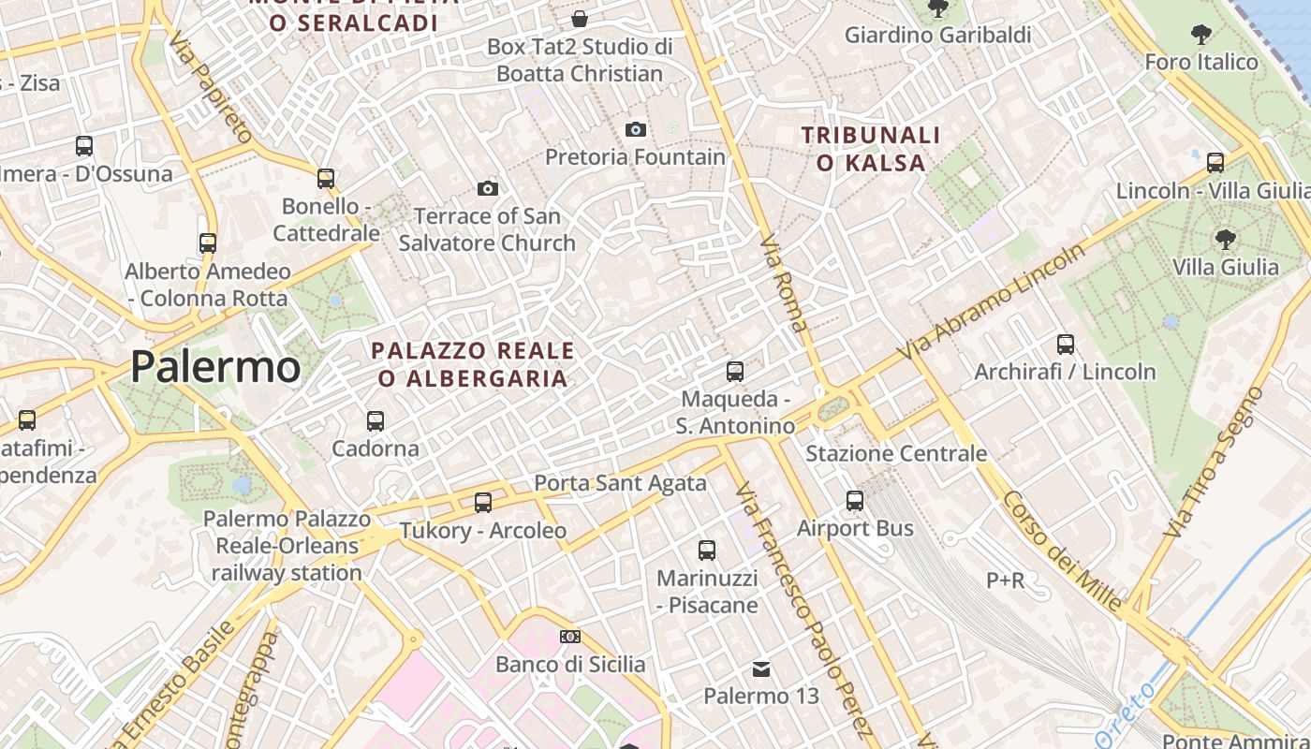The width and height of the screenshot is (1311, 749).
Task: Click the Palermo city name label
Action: pos(215,366)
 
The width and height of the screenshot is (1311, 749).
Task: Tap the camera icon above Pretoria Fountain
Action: pos(636,129)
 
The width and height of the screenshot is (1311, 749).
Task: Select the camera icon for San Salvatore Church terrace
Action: pos(487,189)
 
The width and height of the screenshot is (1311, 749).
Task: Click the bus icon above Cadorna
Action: pos(376,420)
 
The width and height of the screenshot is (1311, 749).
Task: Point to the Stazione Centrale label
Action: pos(896,454)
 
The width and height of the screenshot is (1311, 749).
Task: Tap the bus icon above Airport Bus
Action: pos(855,501)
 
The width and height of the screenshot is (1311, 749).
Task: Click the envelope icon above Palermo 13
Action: pos(761,669)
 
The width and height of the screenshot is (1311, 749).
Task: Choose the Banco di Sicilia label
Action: pos(570,665)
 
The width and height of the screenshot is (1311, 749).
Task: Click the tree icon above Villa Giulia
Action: pos(1225,240)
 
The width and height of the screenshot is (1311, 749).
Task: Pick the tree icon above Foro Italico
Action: pos(1201,36)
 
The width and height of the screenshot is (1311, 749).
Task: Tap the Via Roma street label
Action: pos(784,285)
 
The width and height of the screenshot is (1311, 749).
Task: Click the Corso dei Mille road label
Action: pos(1062,551)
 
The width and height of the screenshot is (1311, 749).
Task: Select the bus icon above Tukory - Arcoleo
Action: pos(483,503)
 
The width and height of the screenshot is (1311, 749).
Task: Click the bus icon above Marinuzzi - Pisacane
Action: pos(707,551)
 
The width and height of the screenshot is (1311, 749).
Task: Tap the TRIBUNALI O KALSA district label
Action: pos(871,149)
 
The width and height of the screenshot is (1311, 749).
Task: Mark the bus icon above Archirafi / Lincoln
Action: pos(1066,345)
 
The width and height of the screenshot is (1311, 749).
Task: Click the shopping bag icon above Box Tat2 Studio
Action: pos(580,19)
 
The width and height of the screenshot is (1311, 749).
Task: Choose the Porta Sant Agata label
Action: pos(620,483)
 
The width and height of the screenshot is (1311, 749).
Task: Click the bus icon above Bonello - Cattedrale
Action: pos(326,178)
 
